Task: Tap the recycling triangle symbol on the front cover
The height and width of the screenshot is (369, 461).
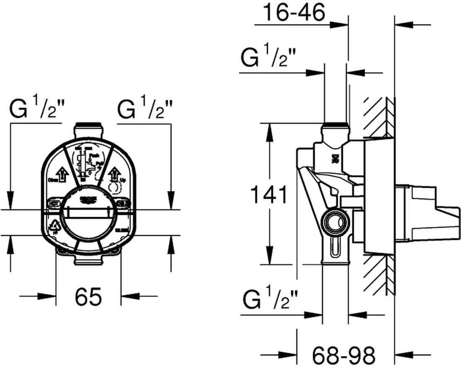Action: click(54, 227)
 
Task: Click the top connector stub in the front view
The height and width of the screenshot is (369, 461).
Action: click(88, 128)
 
